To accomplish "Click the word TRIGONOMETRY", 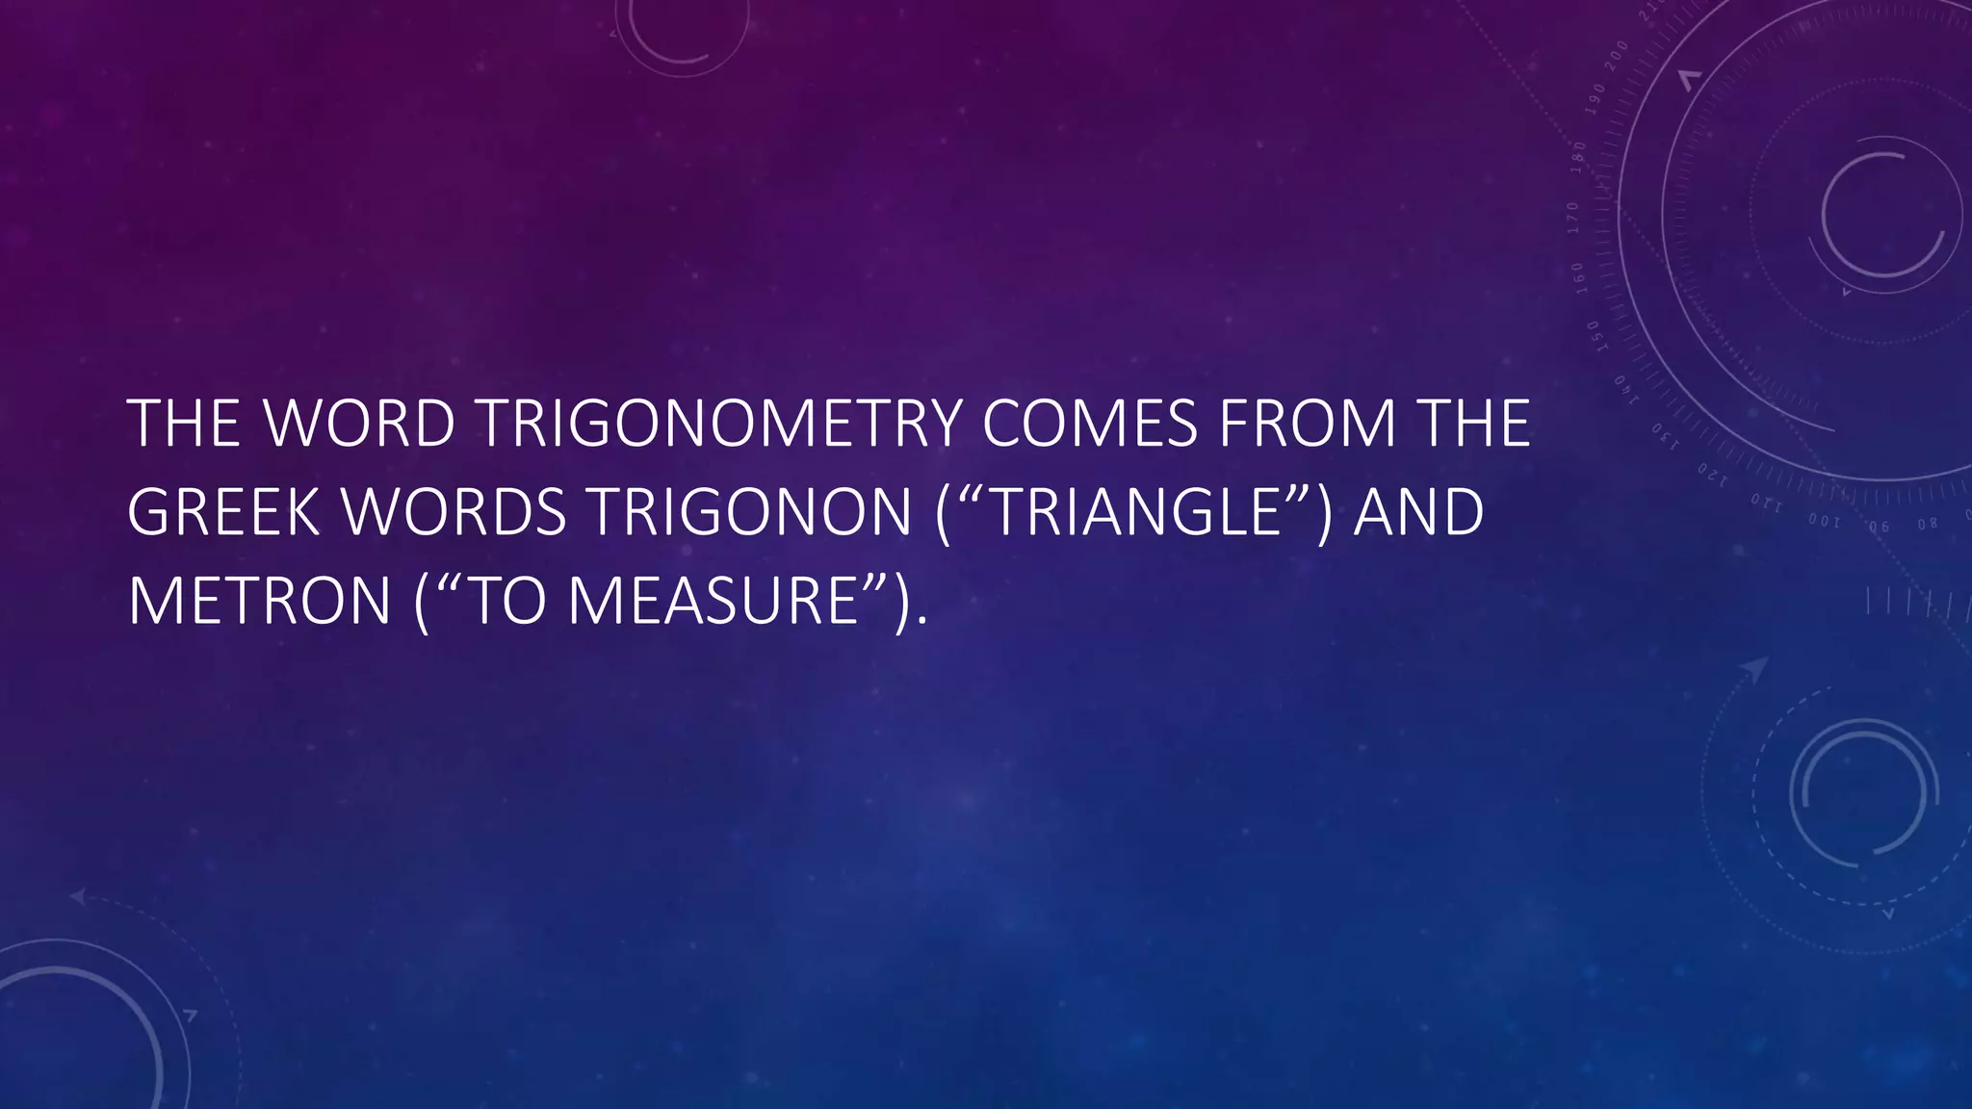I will click(719, 424).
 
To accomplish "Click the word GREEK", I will click(222, 512).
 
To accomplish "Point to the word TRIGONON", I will click(750, 512).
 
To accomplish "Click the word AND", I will click(1418, 512).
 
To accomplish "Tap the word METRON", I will click(259, 601).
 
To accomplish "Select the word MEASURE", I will click(713, 601).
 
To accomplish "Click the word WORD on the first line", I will click(359, 424).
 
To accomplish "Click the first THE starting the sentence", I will click(183, 424).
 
